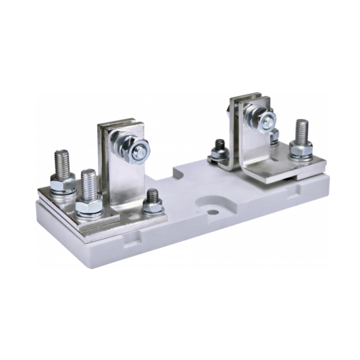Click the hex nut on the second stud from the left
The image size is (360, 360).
pos(90,206)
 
